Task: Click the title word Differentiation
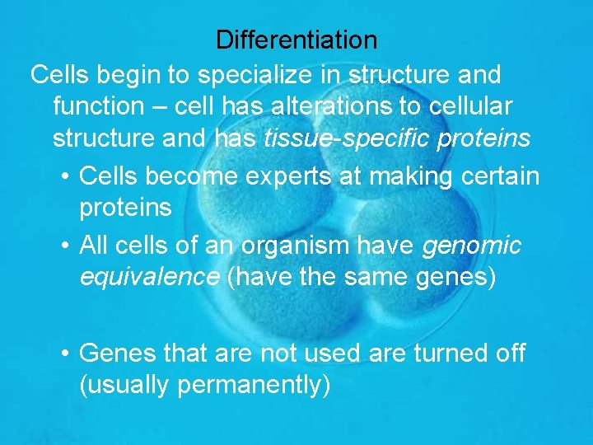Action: point(296,40)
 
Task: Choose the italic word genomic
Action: point(471,245)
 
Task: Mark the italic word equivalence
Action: point(149,278)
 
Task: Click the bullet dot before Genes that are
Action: point(65,354)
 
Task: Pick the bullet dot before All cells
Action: point(65,246)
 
